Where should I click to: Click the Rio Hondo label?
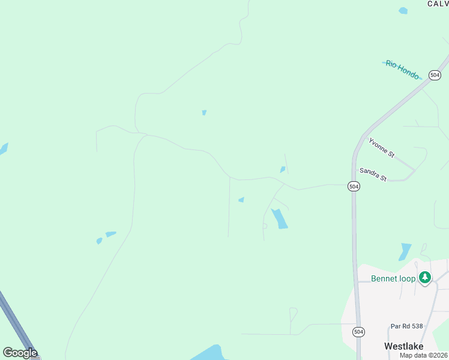click(402, 70)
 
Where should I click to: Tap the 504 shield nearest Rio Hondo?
click(435, 75)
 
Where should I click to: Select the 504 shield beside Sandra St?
click(354, 187)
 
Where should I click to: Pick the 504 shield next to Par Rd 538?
click(358, 331)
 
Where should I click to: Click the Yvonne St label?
click(382, 148)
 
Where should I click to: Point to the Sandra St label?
click(373, 174)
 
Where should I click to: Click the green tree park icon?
click(425, 277)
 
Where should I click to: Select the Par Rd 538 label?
click(406, 326)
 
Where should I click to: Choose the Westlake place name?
click(404, 346)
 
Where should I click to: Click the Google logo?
click(19, 353)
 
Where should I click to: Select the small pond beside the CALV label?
click(403, 10)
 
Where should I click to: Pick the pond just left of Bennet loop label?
click(405, 251)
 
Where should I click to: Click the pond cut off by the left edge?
click(3, 149)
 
